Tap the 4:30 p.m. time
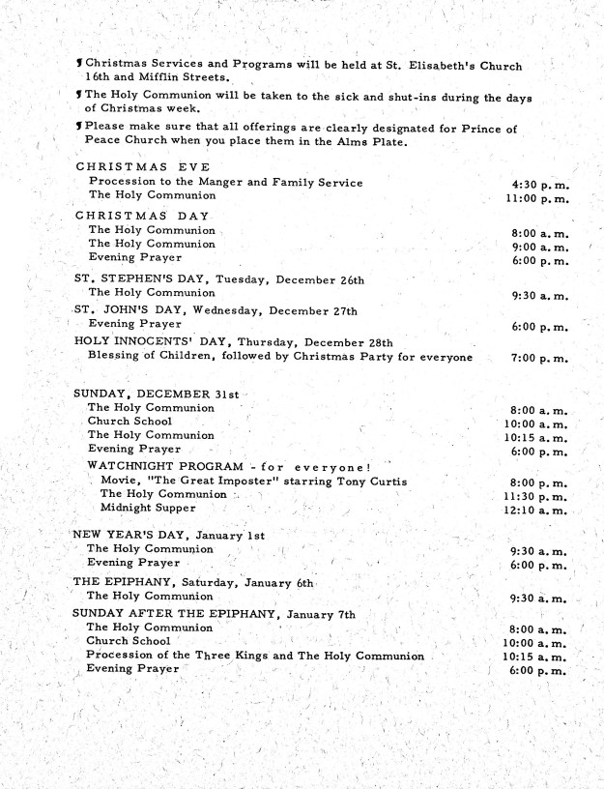[x=540, y=182]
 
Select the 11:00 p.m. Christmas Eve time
[x=536, y=198]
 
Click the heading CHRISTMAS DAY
[x=142, y=215]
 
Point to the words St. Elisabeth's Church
[x=458, y=66]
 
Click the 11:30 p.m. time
[x=536, y=495]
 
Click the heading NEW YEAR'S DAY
[x=128, y=535]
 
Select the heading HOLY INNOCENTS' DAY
[x=141, y=340]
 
